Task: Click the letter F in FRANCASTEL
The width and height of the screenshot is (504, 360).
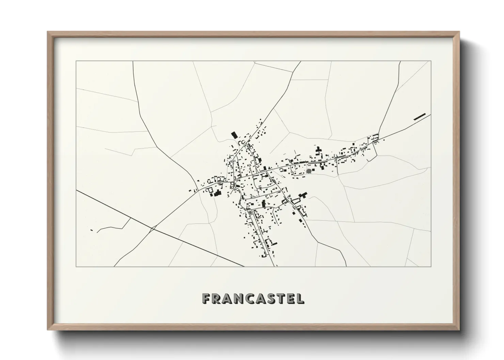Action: click(206, 298)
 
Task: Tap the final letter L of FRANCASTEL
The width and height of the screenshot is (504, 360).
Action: click(301, 298)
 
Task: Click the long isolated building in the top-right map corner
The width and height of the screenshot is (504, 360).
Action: click(420, 117)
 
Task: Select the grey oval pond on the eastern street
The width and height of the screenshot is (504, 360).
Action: click(309, 171)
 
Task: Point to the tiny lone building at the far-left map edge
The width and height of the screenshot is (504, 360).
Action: click(92, 230)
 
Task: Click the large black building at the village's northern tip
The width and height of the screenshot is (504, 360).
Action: click(234, 135)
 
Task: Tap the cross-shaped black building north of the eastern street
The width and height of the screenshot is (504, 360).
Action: click(319, 150)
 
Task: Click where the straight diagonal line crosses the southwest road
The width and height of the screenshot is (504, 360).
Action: click(153, 228)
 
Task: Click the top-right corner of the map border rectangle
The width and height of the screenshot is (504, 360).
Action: click(431, 61)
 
